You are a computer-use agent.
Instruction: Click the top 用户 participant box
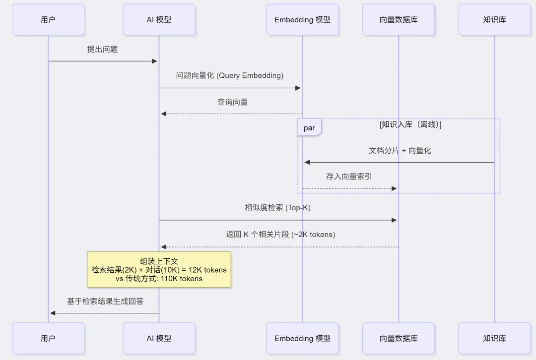48,20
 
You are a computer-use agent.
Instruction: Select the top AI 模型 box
159,20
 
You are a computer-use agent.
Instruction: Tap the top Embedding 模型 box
302,20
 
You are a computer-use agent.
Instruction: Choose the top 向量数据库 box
399,20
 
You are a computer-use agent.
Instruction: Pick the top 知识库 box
494,20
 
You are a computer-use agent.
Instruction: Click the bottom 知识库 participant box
494,338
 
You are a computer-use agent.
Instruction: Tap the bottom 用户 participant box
48,338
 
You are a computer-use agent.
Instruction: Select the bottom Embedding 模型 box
302,338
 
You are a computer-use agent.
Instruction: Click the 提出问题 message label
102,49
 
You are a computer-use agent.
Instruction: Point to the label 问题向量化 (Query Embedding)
230,75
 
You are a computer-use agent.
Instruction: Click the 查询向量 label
232,102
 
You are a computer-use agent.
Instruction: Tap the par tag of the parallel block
309,128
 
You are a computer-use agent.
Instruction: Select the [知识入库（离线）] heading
410,124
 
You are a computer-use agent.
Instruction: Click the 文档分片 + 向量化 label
400,150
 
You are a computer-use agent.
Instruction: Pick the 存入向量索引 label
349,177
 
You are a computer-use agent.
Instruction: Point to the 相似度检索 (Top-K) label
277,208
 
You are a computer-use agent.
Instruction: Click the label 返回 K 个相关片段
280,235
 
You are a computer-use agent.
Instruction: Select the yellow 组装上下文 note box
159,269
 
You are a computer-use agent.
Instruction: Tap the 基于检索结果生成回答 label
105,301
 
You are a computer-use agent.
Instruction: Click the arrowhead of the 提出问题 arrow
154,61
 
